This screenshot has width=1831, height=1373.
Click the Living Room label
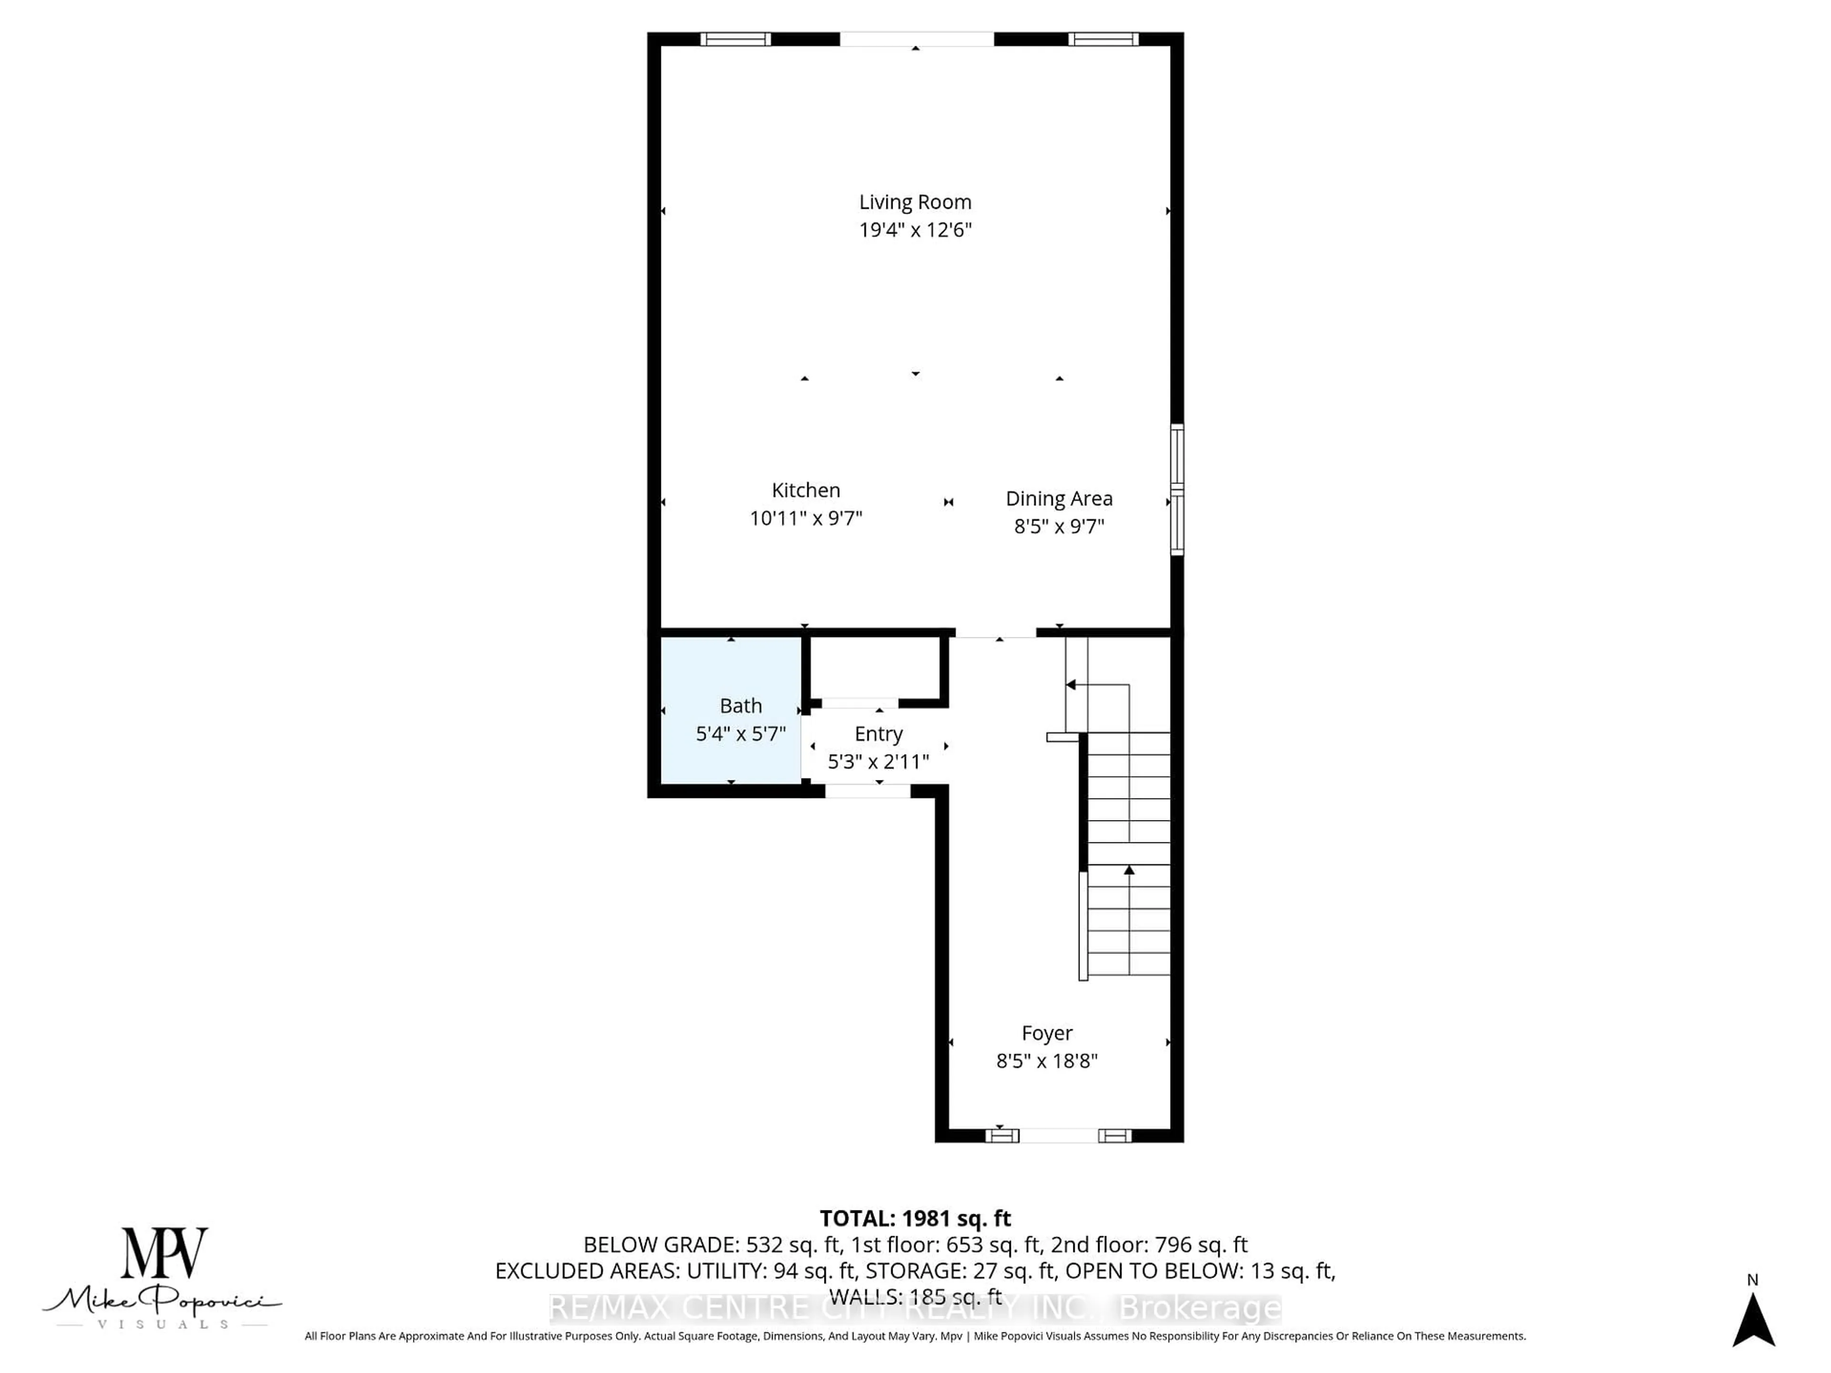point(915,202)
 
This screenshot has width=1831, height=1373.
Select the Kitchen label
point(805,490)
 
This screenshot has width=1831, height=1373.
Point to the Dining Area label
point(1059,498)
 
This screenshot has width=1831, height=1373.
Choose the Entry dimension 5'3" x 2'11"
point(878,761)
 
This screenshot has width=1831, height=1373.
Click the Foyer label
point(1046,1033)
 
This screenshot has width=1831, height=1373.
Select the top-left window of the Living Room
point(735,39)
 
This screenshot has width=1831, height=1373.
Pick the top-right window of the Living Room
point(1102,39)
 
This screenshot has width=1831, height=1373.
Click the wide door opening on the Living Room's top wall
point(916,39)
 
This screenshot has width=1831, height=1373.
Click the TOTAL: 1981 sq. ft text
point(915,1218)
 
